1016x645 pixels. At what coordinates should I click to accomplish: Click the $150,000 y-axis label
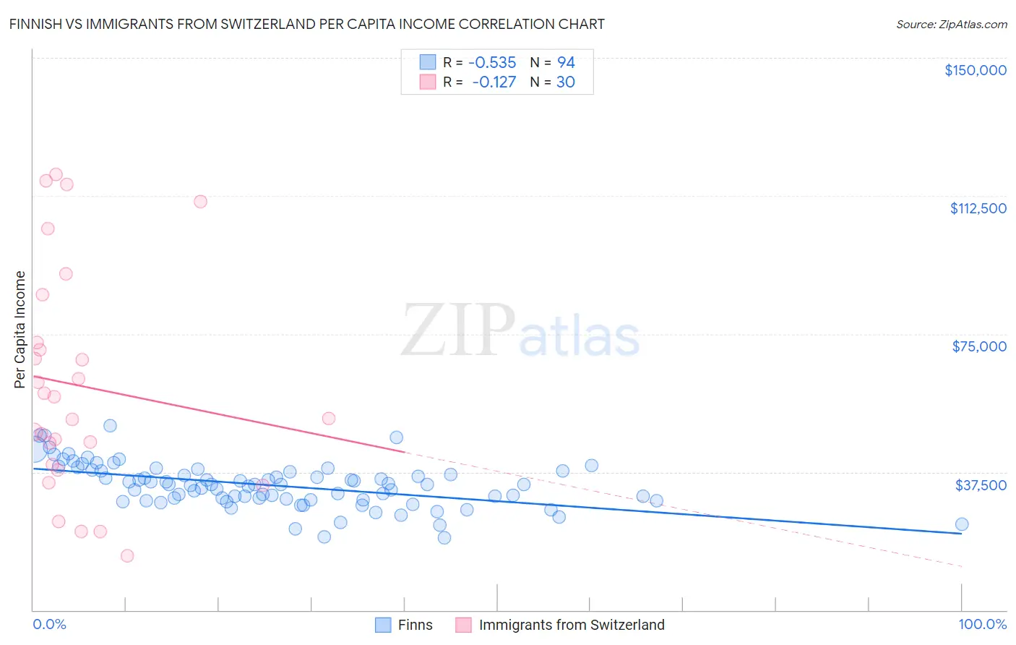[975, 70]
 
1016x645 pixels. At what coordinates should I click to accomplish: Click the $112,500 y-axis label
[978, 208]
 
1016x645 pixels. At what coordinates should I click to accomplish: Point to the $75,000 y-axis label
[978, 346]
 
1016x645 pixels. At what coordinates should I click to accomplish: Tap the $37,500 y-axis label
[980, 484]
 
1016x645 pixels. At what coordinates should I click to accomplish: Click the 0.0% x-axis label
[49, 624]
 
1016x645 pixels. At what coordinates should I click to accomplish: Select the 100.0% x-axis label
[982, 624]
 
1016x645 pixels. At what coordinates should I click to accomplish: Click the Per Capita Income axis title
[20, 329]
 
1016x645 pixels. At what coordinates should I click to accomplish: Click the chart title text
[307, 24]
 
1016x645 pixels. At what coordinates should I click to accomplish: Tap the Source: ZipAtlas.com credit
[951, 24]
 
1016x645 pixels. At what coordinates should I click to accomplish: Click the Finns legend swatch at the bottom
[383, 625]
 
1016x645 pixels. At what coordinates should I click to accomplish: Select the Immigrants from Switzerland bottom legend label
[571, 625]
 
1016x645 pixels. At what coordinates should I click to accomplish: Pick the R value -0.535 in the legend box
[492, 62]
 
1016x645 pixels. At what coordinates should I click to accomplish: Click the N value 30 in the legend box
[565, 82]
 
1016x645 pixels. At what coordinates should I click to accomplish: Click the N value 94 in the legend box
[566, 62]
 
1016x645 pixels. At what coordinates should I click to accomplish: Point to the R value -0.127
[494, 82]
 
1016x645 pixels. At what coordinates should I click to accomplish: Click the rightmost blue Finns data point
[961, 524]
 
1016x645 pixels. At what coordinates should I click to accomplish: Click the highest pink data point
[56, 174]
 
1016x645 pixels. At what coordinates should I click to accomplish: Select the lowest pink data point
[127, 555]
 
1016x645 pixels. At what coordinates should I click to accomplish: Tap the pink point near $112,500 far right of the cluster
[200, 202]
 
